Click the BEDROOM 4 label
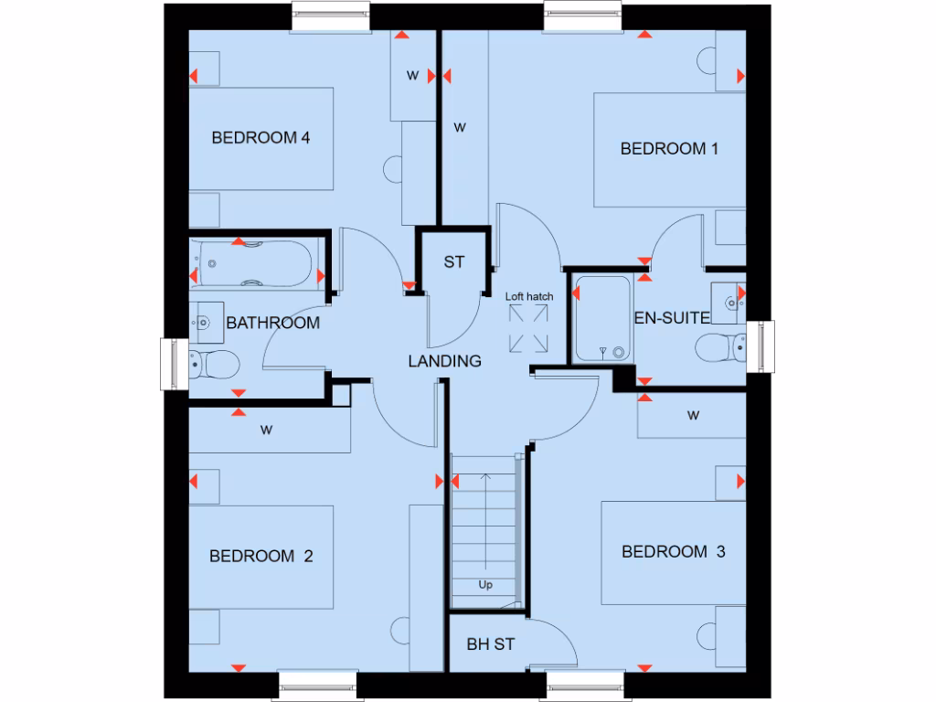point(261,138)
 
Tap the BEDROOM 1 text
point(663,148)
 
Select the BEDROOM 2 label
point(261,556)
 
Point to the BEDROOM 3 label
point(673,551)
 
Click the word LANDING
point(444,361)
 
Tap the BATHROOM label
point(272,323)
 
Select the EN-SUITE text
point(672,318)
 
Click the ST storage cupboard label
point(454,262)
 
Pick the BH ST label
point(490,644)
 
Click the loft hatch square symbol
point(528,328)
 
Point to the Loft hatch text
point(528,296)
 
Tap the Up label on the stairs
point(484,585)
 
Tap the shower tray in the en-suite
point(601,318)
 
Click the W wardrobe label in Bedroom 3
point(693,416)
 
